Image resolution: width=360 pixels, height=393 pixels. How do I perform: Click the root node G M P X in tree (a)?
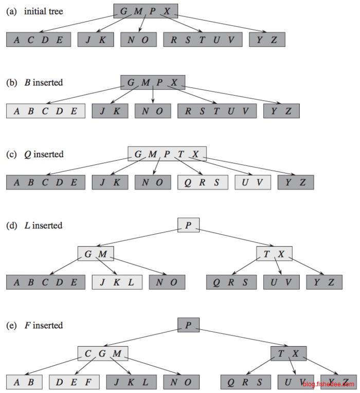[146, 11]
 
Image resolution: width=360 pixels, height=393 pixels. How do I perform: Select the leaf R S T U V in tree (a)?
[203, 40]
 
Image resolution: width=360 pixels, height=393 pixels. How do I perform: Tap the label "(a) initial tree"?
[34, 11]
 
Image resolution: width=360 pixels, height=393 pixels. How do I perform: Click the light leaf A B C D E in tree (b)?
[45, 111]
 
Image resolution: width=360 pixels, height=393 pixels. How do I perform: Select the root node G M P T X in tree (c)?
[167, 154]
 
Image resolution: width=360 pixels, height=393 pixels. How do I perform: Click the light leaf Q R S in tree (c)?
[203, 182]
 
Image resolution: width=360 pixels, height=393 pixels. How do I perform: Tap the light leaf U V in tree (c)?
[253, 182]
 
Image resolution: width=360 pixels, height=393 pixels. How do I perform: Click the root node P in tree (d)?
[188, 225]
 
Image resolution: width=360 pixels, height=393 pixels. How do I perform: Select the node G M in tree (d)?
[96, 254]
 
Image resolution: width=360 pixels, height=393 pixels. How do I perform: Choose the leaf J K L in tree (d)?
[117, 282]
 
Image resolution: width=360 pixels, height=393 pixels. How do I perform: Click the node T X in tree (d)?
[274, 254]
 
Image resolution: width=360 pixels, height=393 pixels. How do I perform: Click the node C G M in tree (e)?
[103, 353]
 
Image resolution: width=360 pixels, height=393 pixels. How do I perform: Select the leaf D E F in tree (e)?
[74, 382]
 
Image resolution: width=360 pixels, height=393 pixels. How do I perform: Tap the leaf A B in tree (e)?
[24, 382]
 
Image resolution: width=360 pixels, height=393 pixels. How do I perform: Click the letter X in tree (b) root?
[174, 82]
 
